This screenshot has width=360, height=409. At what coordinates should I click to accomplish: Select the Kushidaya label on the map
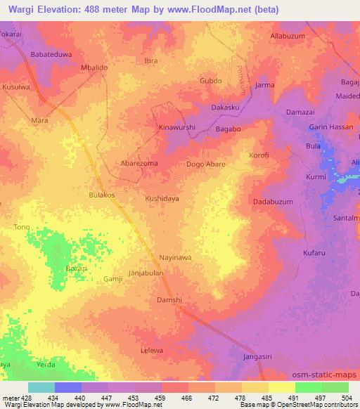(x=162, y=199)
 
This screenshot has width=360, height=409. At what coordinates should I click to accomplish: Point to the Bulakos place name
(x=103, y=195)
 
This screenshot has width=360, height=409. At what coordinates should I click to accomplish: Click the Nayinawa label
(x=175, y=258)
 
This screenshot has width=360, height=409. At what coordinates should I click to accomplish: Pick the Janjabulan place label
(x=146, y=273)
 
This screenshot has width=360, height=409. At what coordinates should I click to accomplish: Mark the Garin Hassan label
(x=330, y=127)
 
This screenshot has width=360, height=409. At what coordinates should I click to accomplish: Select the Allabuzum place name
(x=290, y=34)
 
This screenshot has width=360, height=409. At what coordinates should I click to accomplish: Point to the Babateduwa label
(x=51, y=54)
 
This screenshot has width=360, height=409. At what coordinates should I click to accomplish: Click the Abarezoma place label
(x=139, y=162)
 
